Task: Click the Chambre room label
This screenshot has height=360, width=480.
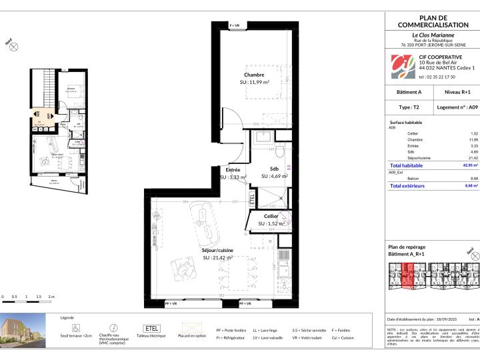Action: [254, 75]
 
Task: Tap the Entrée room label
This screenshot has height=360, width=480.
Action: [233, 170]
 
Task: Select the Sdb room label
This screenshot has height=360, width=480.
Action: [274, 169]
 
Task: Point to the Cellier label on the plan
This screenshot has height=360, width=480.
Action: [271, 217]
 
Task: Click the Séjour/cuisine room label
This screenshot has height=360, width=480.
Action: [217, 250]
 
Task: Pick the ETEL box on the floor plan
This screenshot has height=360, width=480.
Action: [252, 199]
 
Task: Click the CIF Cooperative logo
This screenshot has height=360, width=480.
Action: [401, 67]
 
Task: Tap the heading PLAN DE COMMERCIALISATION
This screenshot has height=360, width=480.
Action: [433, 21]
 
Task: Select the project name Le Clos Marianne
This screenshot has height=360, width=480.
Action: [433, 34]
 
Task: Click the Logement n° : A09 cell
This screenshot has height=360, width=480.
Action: [457, 107]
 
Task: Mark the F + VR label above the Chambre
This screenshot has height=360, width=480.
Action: [238, 25]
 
